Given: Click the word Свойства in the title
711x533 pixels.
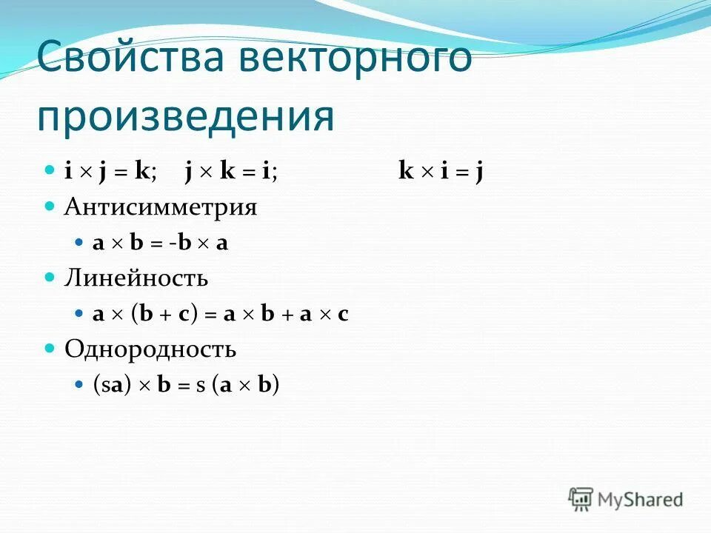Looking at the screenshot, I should pos(130,58).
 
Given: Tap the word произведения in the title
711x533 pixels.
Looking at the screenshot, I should pos(186,116).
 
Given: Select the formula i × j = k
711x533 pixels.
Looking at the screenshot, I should pos(110,172).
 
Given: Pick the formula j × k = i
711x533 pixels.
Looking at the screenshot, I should pos(231,172).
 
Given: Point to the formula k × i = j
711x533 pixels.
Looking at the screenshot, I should pos(441,172).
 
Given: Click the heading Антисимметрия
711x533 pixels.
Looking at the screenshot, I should pos(161,207).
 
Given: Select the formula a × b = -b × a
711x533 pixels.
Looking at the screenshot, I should pos(160,244).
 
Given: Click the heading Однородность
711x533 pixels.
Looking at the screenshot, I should pos(150,349).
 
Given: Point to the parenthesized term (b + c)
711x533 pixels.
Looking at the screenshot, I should pos(164,314).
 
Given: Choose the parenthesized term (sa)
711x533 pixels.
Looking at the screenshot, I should pos(112,385).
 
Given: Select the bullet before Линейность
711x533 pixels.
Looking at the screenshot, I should pos(50,277).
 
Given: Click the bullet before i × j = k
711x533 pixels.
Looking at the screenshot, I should pos(50,170).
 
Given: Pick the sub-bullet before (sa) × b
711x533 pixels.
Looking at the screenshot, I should pos(81,385).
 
